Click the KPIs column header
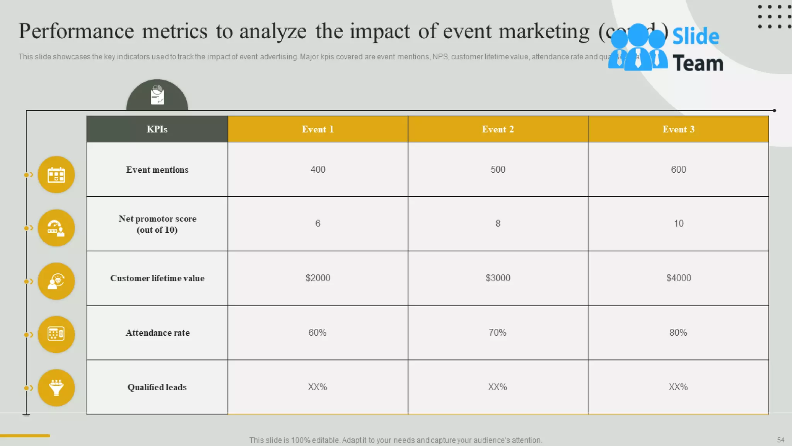[x=157, y=129]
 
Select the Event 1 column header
[x=317, y=129]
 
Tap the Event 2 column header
[x=498, y=129]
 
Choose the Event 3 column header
[x=678, y=129]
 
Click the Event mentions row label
[x=157, y=170]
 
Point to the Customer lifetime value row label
[x=157, y=278]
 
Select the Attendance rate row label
[x=157, y=333]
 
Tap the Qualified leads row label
[x=157, y=387]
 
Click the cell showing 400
[x=318, y=170]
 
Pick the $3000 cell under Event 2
[x=498, y=278]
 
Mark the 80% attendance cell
[x=678, y=333]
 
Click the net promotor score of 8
[x=498, y=223]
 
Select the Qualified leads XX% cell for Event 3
[x=678, y=387]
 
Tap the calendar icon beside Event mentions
[x=56, y=175]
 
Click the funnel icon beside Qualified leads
[x=56, y=388]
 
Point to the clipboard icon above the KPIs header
[x=157, y=95]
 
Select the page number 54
[x=780, y=440]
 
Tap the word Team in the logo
[x=698, y=63]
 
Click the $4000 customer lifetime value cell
[x=678, y=278]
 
